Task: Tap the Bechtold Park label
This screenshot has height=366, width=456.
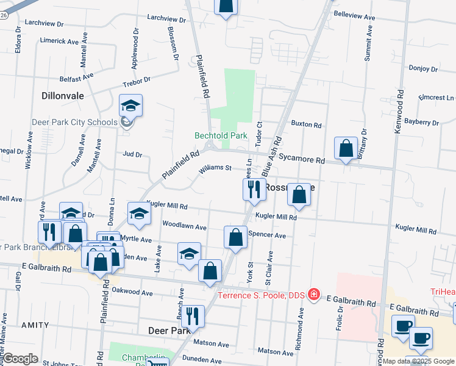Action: coord(221,135)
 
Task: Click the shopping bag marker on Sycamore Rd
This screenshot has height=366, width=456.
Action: coord(346,149)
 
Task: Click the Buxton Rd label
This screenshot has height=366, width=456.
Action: coord(306,124)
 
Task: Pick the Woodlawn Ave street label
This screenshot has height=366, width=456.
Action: coord(184,225)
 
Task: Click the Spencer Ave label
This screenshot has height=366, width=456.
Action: coord(271,235)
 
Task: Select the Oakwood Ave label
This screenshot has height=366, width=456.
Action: coord(133,292)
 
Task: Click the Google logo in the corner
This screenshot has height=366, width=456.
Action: coord(21,359)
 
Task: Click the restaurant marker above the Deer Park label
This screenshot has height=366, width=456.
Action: coord(193,316)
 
